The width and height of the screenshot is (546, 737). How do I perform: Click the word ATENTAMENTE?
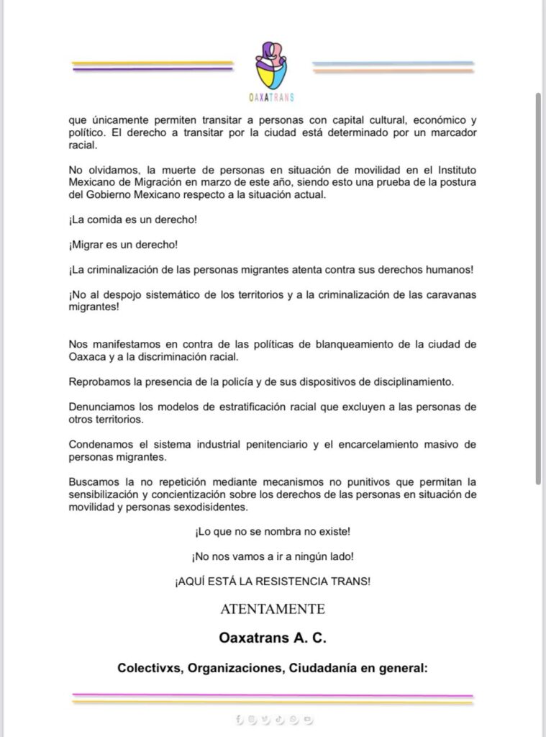pos(273,609)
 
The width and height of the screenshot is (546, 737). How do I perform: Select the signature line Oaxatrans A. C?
pos(273,638)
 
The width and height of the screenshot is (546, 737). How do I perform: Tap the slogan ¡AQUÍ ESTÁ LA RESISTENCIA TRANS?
pos(273,581)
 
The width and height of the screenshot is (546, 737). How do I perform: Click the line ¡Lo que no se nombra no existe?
pos(273,532)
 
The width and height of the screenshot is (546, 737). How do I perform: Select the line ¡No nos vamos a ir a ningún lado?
pos(273,556)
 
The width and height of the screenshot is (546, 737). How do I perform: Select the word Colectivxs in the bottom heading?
pos(142,668)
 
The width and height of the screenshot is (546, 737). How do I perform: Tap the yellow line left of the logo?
pos(153,63)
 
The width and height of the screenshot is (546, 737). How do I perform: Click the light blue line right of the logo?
pos(393,63)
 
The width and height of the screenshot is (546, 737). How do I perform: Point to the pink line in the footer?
pos(273,695)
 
